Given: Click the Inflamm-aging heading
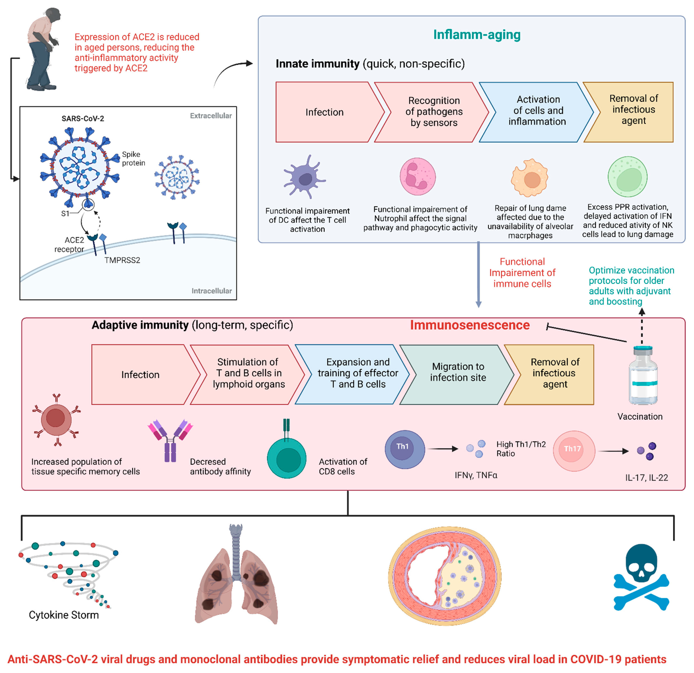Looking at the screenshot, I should tap(477, 35).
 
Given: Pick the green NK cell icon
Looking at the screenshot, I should tap(627, 177).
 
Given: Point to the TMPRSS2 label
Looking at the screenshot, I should tap(122, 260).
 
